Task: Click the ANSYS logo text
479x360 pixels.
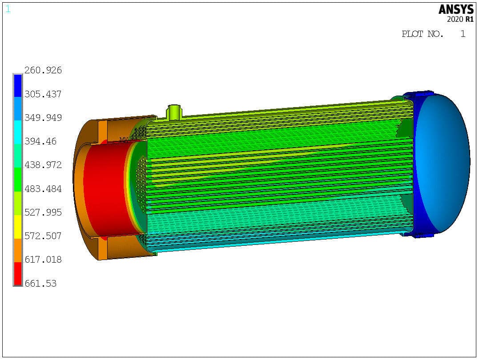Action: [x=456, y=10]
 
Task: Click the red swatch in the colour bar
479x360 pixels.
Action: [x=18, y=273]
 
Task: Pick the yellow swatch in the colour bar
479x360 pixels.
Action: [x=18, y=227]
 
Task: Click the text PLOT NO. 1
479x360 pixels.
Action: [x=433, y=34]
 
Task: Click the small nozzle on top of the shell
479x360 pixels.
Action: [x=174, y=112]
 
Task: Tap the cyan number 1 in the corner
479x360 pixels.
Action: [x=8, y=9]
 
